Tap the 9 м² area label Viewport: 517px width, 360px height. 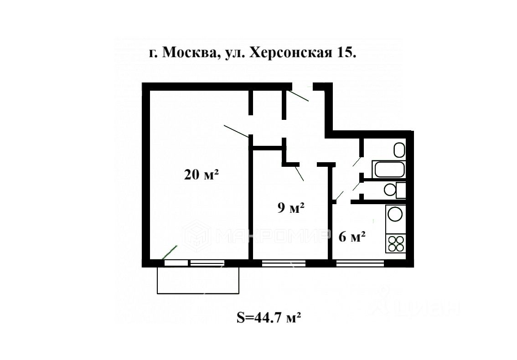(x=291, y=208)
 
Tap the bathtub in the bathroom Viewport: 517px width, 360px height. (x=389, y=170)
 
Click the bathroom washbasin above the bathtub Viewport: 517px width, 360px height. (x=399, y=149)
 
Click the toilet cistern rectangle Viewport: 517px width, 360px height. (x=401, y=190)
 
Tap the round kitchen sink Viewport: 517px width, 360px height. (x=395, y=214)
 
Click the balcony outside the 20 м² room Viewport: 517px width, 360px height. (x=198, y=280)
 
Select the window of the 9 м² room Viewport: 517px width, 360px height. (x=283, y=263)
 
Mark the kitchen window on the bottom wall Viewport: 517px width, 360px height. (x=360, y=263)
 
